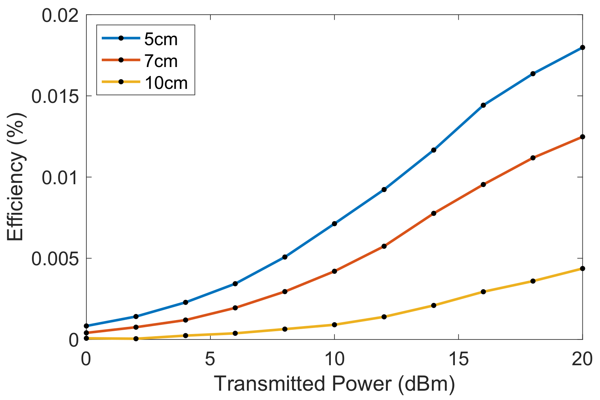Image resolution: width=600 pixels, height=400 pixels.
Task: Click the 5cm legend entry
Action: (161, 39)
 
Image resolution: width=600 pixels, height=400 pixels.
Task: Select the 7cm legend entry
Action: (161, 61)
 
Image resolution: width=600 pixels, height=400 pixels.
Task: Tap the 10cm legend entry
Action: (166, 83)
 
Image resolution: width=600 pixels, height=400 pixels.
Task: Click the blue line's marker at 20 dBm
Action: (582, 47)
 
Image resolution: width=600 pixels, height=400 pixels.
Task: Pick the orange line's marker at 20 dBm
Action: (582, 137)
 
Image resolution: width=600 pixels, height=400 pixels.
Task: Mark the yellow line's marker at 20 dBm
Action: (582, 268)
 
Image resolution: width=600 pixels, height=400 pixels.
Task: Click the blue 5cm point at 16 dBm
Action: (483, 105)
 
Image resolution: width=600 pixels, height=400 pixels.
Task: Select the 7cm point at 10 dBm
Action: (334, 271)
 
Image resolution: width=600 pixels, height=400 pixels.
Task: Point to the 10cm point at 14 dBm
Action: (434, 305)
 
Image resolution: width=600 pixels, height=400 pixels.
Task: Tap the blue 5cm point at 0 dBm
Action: (86, 326)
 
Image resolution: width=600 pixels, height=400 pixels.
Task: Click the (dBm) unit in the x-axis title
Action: (426, 384)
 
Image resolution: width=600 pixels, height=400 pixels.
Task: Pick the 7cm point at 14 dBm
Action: (434, 213)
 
